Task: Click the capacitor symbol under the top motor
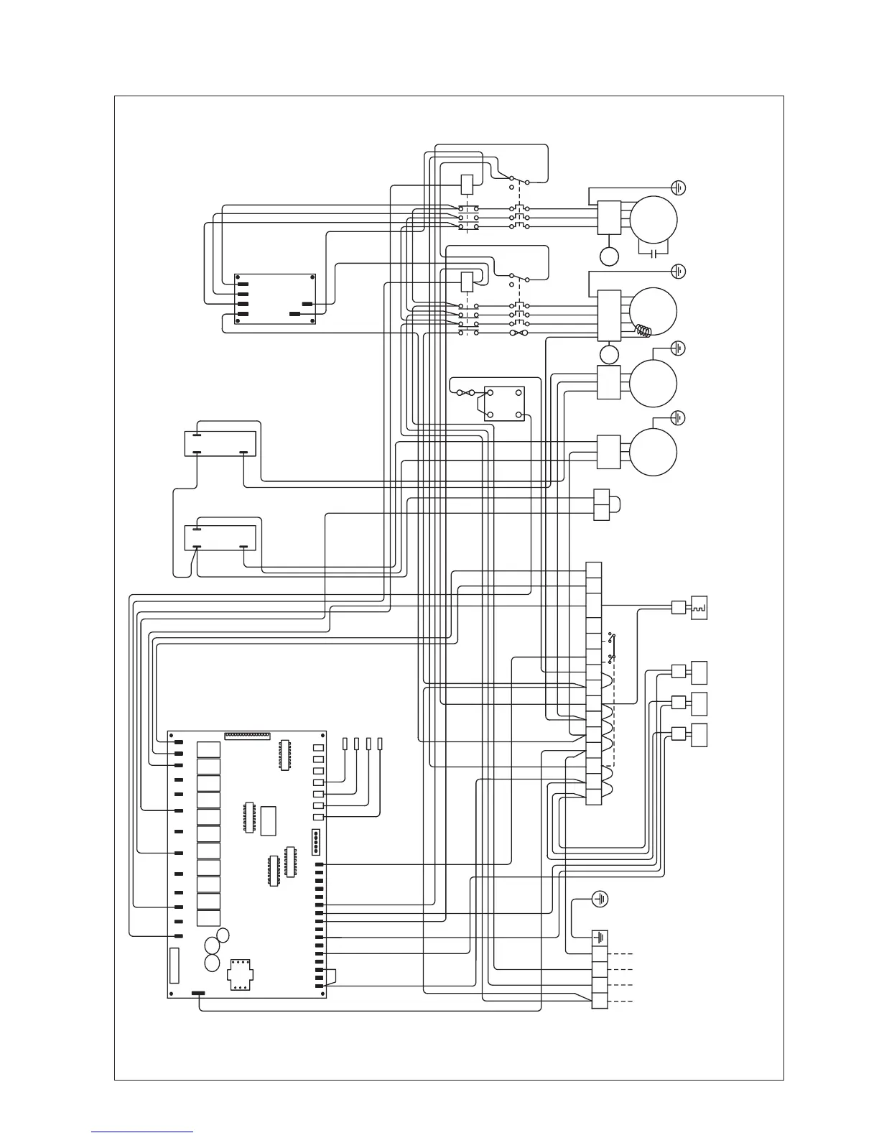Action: [654, 254]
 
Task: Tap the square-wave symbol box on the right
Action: [699, 607]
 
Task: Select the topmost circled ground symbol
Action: [678, 188]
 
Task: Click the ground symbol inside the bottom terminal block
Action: [600, 938]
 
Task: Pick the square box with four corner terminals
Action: [504, 403]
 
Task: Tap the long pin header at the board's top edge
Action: [247, 735]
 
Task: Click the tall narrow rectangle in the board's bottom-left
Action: [173, 965]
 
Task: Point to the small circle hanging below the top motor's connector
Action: [609, 256]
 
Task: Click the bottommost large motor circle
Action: [654, 451]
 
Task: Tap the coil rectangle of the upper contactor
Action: [466, 183]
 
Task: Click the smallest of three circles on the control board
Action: [223, 935]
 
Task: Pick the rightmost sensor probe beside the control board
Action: [380, 744]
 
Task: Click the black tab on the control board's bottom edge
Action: [197, 994]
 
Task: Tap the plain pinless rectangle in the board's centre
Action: [269, 820]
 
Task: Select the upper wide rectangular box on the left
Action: [220, 443]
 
